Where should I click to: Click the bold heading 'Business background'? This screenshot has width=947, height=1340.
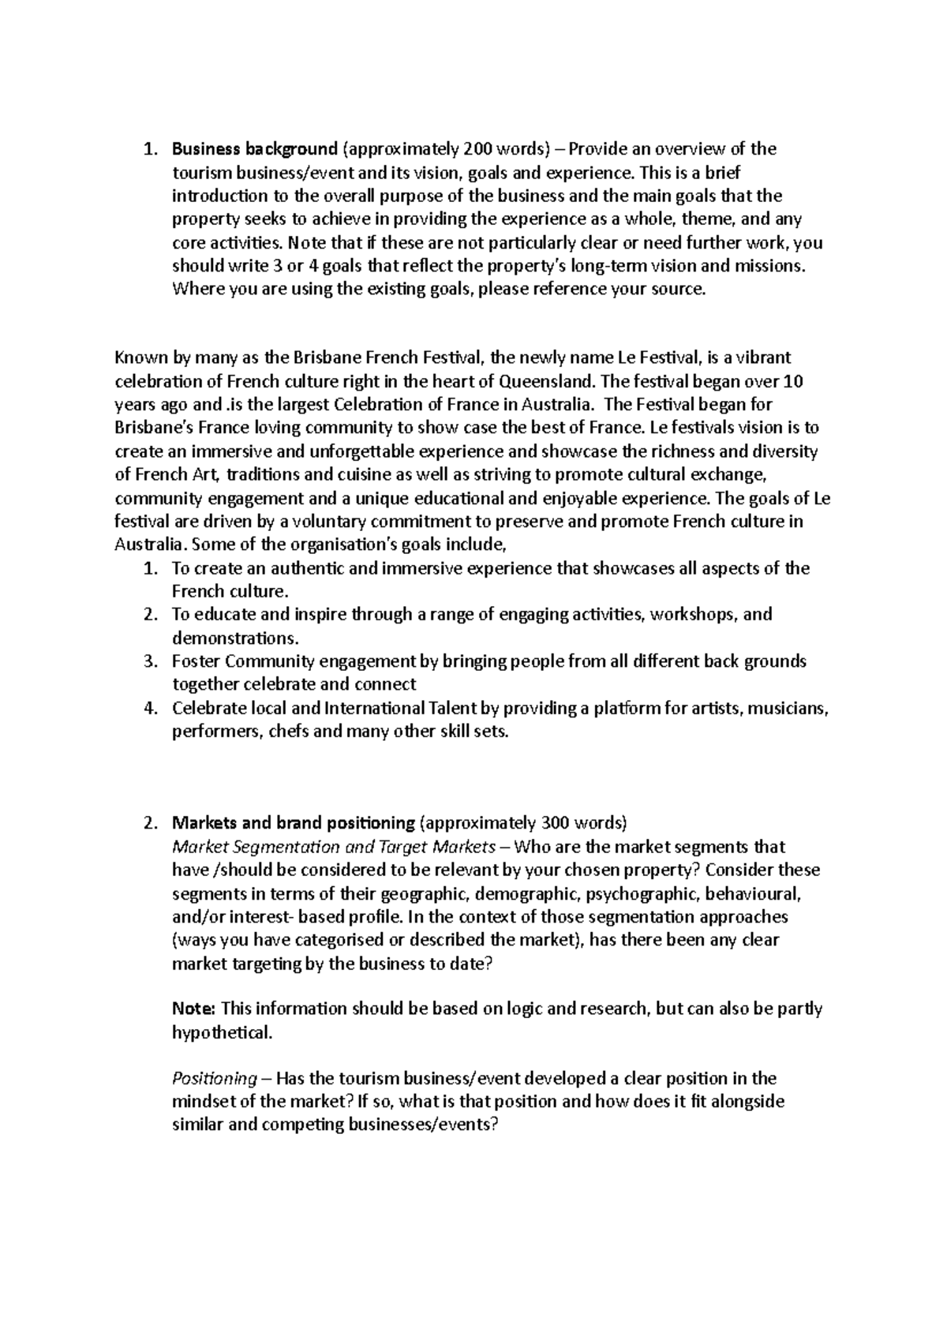(x=255, y=149)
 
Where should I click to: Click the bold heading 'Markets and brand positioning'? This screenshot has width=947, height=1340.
(x=294, y=823)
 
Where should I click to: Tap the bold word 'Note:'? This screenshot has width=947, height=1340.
(x=193, y=1009)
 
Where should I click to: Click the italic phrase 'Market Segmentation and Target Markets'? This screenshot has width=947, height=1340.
(x=334, y=847)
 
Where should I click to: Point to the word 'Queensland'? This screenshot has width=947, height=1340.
(x=548, y=381)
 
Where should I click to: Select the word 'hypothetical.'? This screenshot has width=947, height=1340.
(x=222, y=1032)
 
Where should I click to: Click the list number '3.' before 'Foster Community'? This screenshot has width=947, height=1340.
(x=152, y=661)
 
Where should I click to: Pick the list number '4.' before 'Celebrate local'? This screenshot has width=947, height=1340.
(x=152, y=708)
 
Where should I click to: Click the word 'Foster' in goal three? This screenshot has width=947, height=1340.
(x=194, y=661)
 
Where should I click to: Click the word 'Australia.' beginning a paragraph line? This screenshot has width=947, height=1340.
(x=152, y=545)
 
